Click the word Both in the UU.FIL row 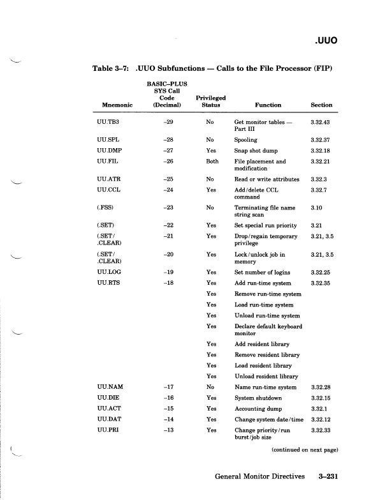[212, 162]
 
